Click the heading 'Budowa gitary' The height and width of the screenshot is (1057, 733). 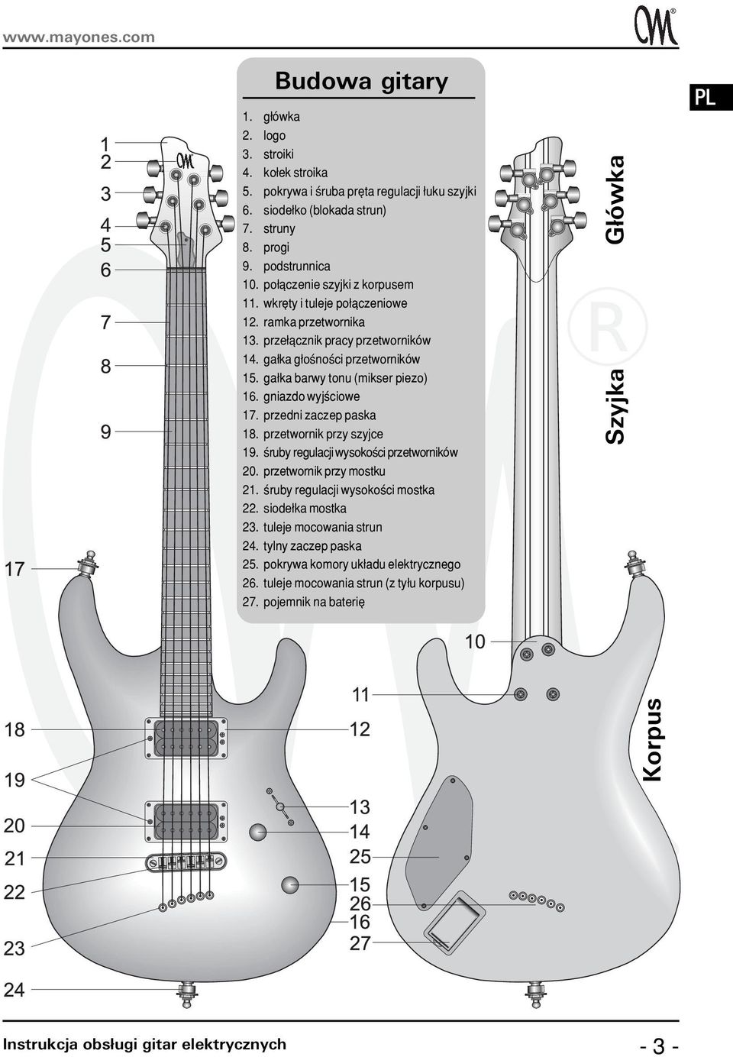point(361,81)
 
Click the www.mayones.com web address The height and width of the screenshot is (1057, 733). point(79,37)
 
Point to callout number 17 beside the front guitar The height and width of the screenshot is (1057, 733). point(15,569)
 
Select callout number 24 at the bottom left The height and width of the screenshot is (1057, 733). point(15,990)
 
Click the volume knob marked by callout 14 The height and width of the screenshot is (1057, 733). point(258,832)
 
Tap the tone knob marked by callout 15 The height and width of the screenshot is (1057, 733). point(290,884)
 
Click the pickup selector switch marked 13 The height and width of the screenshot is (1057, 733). point(280,806)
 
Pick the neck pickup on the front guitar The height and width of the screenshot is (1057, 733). point(186,739)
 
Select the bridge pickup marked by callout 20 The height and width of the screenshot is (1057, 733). point(186,822)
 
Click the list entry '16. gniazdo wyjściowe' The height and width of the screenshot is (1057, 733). point(301,397)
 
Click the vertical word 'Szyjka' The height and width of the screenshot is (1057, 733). point(615,406)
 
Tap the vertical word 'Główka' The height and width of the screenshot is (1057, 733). point(615,200)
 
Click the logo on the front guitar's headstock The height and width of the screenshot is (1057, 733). point(186,161)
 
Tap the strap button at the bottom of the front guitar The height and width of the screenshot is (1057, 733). point(187,993)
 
